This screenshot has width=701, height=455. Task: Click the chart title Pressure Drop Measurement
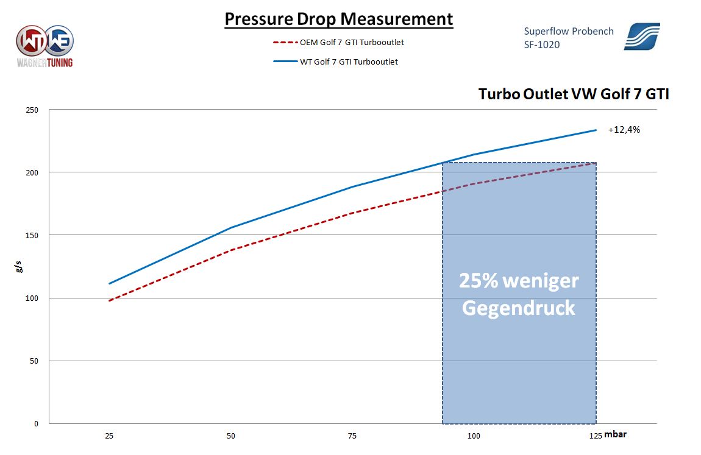[x=338, y=19]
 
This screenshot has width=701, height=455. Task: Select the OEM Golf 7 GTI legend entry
[x=352, y=43]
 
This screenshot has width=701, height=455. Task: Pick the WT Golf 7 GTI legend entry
[x=349, y=62]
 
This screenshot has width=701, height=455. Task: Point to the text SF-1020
[x=542, y=45]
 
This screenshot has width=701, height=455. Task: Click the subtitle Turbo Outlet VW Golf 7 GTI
[x=573, y=94]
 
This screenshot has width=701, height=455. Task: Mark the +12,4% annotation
[x=624, y=130]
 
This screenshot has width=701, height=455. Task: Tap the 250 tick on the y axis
[x=32, y=110]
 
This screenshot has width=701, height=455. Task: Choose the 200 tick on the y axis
[x=32, y=173]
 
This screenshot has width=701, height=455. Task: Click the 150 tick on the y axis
[x=32, y=236]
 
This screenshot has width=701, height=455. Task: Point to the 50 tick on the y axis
[x=35, y=361]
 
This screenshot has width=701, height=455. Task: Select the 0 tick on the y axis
[x=37, y=424]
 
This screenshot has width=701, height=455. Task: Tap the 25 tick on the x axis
[x=110, y=436]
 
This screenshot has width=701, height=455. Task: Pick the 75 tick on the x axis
[x=352, y=436]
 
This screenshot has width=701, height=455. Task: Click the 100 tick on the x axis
[x=474, y=436]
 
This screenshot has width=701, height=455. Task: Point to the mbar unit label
[x=616, y=435]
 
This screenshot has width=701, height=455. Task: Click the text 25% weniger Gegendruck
[x=519, y=294]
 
